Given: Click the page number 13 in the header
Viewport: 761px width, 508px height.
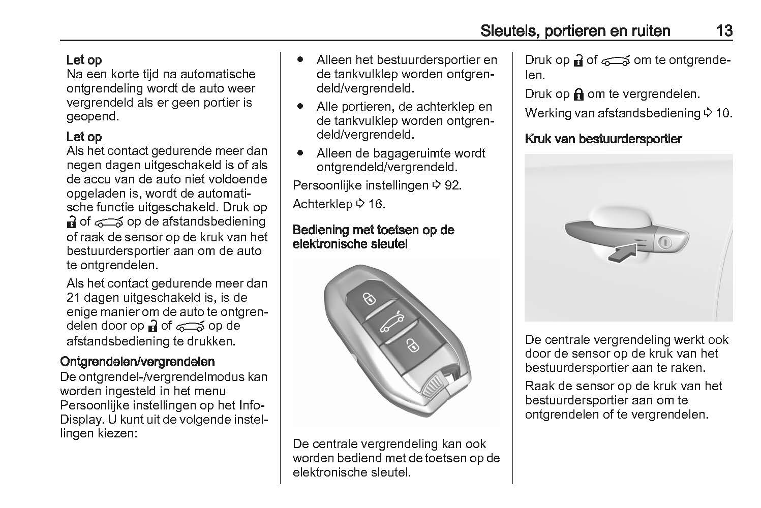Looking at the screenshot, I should click(724, 31).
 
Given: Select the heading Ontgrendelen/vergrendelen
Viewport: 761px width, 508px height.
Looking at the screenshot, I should click(137, 362).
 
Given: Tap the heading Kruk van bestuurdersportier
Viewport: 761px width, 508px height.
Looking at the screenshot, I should click(603, 139).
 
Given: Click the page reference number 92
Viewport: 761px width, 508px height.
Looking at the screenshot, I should click(452, 185).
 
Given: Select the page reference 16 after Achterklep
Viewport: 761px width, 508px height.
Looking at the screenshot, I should click(376, 204).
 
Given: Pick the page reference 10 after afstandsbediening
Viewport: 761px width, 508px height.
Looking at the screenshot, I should click(723, 113).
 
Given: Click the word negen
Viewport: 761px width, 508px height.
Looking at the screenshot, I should click(84, 165).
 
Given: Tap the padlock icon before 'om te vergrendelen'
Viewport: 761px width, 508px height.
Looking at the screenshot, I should click(578, 94).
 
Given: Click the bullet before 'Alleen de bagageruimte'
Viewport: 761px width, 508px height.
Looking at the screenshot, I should click(300, 152).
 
